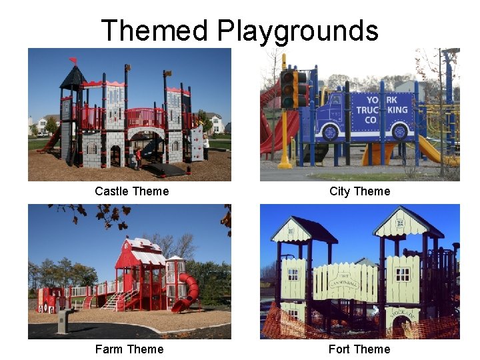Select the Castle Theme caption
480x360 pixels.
coord(131,191)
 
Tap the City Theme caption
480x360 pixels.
coord(359,191)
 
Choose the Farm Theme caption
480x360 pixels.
coord(129,349)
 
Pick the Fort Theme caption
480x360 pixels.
coord(359,349)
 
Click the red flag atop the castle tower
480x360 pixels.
coord(73,60)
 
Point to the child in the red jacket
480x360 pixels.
coord(138,157)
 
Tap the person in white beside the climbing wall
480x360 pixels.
coord(206,147)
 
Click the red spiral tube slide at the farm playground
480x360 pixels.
coord(187,294)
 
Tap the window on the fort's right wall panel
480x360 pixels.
coord(403,273)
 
